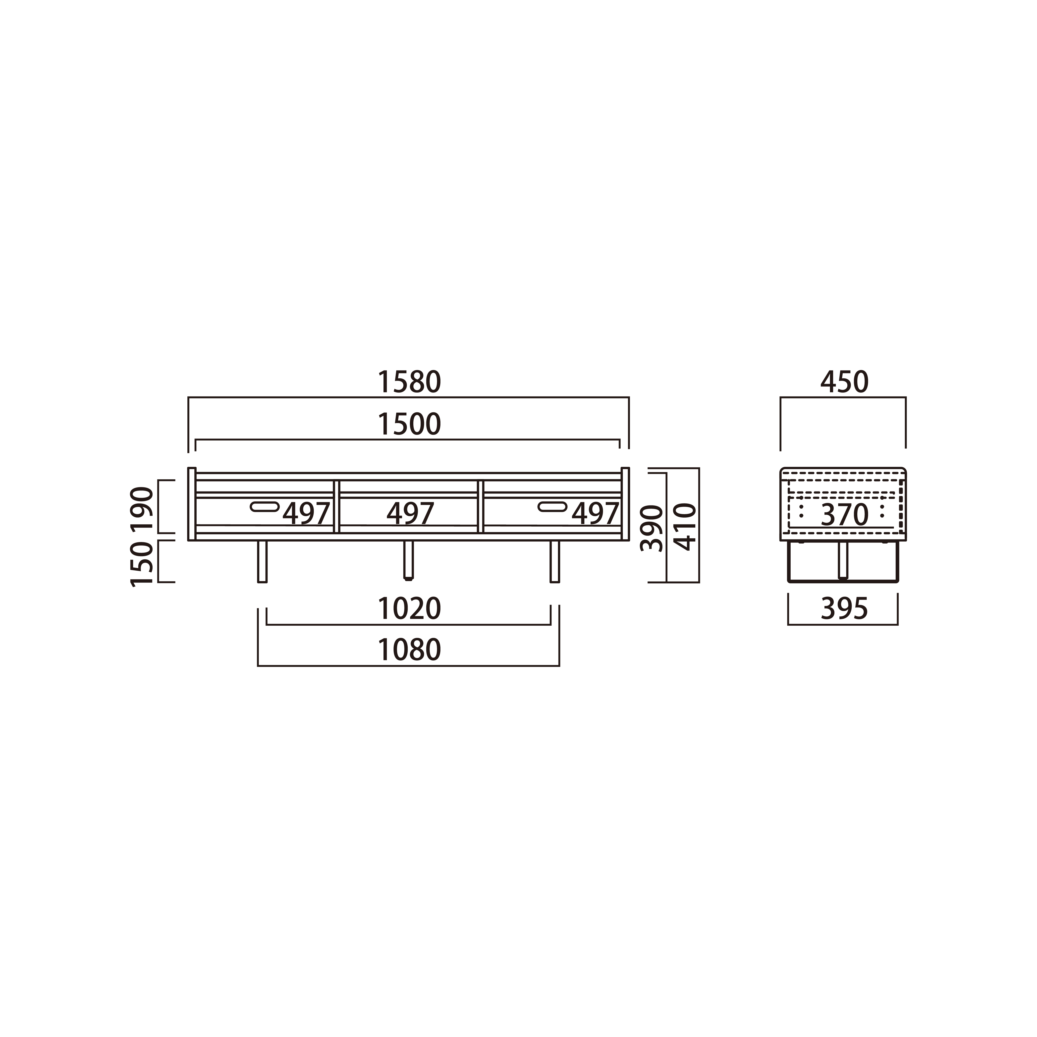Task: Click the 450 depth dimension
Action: point(844,382)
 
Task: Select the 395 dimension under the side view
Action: point(844,609)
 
